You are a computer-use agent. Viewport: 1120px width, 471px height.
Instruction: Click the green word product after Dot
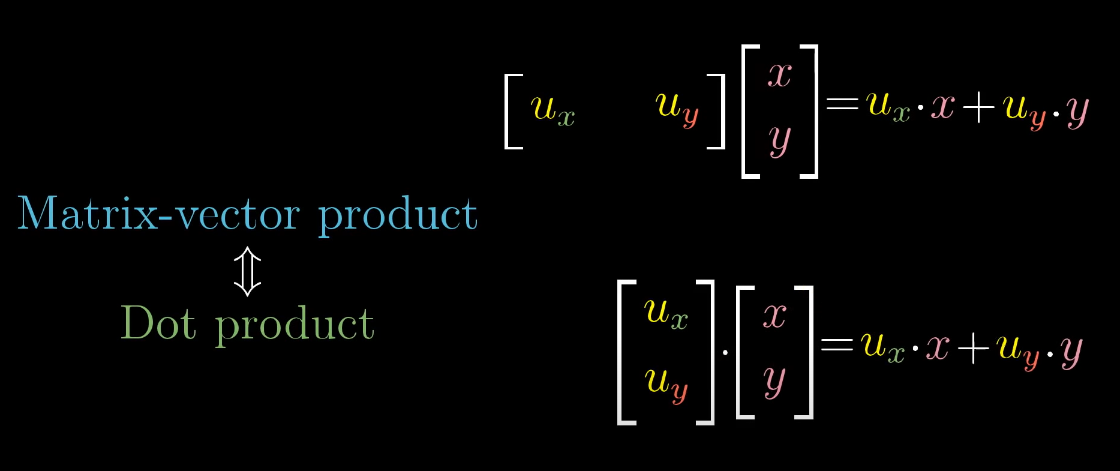click(x=295, y=325)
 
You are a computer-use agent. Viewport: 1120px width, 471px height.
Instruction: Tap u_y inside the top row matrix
click(x=677, y=108)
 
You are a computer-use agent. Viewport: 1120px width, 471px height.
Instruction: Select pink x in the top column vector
click(x=780, y=75)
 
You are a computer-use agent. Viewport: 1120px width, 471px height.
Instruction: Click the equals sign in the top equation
click(x=842, y=104)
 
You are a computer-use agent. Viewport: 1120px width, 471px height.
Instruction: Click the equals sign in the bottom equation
click(x=836, y=344)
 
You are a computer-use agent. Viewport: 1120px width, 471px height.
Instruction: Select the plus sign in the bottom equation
click(x=972, y=348)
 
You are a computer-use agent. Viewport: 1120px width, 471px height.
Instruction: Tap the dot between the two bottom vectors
click(x=725, y=352)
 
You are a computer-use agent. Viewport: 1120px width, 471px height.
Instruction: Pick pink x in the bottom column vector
click(x=774, y=315)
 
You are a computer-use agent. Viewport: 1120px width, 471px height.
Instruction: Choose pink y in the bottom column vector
click(x=774, y=382)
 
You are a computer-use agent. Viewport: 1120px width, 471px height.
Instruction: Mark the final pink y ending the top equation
click(x=1077, y=111)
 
